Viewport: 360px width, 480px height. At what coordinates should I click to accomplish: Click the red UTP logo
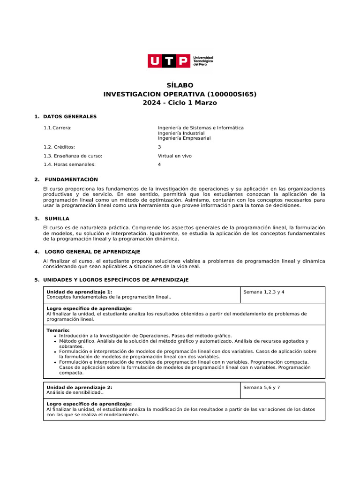tap(169, 61)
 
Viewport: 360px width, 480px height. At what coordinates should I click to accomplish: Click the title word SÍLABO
tap(180, 85)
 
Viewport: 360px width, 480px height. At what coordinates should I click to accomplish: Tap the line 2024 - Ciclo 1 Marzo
tap(180, 103)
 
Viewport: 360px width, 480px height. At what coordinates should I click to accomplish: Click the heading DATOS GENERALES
tap(70, 116)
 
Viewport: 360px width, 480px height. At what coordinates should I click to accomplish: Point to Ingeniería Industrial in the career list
tap(181, 133)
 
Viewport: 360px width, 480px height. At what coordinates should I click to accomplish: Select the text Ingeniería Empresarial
tap(184, 138)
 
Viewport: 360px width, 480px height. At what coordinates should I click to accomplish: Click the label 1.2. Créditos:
tap(59, 147)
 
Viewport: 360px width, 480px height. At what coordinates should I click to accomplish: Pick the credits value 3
tap(159, 147)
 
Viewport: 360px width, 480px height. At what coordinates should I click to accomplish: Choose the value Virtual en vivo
tap(174, 156)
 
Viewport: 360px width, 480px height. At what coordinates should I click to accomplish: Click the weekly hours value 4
tap(159, 165)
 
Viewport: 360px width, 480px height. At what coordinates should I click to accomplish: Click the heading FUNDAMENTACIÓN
tap(71, 180)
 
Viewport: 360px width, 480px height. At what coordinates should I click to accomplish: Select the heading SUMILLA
tap(57, 219)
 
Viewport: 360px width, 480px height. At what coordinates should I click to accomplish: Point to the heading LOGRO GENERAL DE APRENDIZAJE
tap(92, 252)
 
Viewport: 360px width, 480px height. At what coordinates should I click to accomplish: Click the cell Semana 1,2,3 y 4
tap(264, 292)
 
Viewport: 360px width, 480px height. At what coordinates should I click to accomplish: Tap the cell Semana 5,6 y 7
tap(262, 388)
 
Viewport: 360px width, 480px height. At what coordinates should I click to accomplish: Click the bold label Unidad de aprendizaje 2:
tap(79, 388)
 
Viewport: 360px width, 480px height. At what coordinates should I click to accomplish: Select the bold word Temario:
tap(58, 330)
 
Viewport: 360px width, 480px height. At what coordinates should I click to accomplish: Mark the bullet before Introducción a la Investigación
tap(55, 336)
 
